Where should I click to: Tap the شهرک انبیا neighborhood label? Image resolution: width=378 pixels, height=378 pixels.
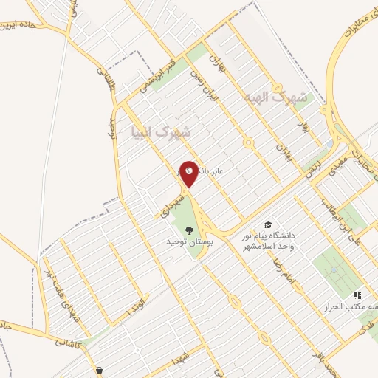(160, 133)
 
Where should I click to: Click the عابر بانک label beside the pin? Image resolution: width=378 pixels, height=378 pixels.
(214, 171)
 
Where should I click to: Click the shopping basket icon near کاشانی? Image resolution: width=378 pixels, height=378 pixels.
(98, 371)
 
